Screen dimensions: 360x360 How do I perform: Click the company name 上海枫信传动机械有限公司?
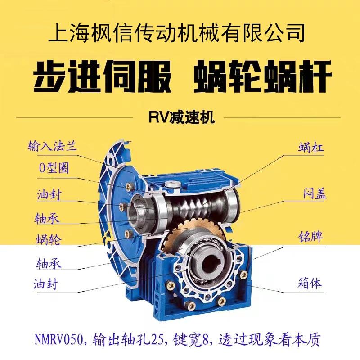176,33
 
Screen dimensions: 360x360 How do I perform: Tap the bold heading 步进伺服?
103,76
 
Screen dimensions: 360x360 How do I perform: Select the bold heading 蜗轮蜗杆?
263,76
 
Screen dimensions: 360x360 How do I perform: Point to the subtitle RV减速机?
182,117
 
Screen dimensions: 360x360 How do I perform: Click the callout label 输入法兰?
52,146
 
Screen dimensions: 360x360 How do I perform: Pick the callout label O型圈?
54,168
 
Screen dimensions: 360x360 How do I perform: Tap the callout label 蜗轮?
49,239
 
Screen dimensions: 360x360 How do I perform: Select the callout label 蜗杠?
311,147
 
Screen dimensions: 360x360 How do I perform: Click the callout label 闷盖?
314,194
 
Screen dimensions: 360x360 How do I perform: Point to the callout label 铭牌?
310,237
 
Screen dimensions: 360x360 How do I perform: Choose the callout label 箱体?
310,283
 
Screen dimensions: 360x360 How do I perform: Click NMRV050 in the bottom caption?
58,339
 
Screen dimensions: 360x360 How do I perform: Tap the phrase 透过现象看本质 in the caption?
269,340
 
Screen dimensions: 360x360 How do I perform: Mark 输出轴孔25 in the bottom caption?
127,340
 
